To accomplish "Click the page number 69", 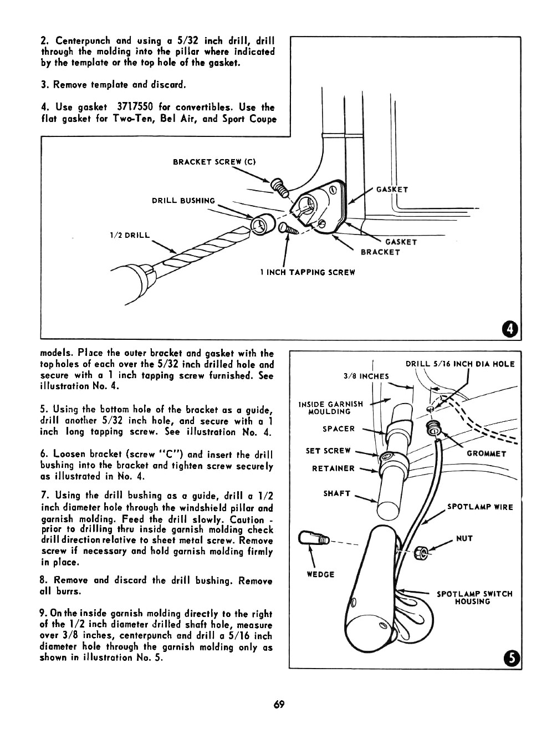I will (x=278, y=705).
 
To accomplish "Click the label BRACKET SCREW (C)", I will (x=213, y=162).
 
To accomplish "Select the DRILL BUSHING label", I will (x=183, y=201).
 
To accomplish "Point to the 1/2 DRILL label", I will (x=130, y=235).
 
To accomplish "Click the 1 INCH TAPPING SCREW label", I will (x=307, y=272).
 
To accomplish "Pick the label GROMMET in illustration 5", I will (x=487, y=453).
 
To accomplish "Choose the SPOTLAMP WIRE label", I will (x=480, y=507).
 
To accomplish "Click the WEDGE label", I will (x=320, y=574).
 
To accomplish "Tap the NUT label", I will (x=464, y=538).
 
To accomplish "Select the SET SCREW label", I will (x=328, y=451).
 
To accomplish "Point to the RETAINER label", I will (x=333, y=468).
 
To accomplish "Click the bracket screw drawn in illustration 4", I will (x=279, y=187).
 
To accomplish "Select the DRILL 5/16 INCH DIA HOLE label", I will (x=460, y=364).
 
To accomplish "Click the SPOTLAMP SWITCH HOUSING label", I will (x=474, y=598).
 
